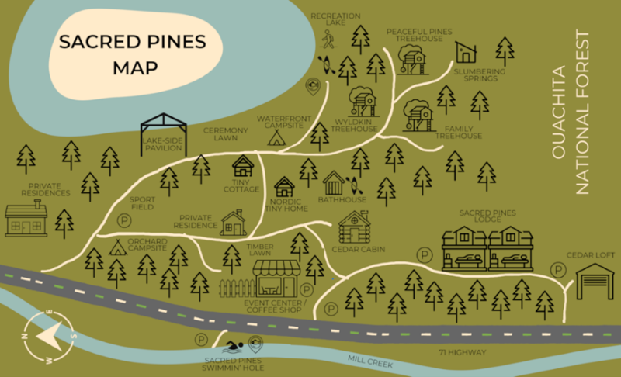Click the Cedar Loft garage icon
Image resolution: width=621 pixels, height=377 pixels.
[594, 281]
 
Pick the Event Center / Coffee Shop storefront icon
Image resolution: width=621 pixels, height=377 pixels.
[276, 277]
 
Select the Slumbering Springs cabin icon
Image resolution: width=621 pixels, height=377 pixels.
[465, 53]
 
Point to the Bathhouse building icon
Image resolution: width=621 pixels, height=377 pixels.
[333, 184]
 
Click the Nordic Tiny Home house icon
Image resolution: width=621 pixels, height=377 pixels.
[285, 186]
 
